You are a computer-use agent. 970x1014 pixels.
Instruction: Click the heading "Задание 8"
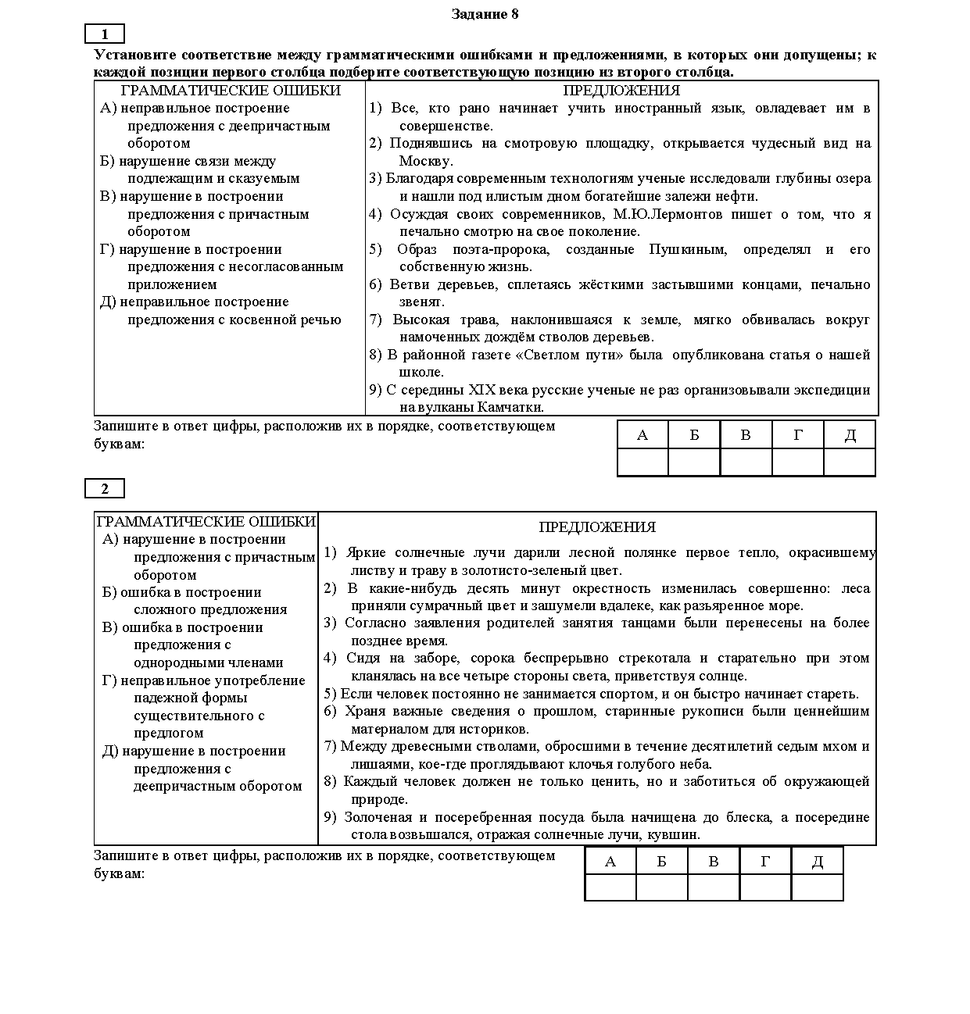(485, 14)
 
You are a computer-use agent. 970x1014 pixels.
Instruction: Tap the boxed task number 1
(105, 34)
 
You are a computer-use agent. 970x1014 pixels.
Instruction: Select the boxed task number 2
(105, 489)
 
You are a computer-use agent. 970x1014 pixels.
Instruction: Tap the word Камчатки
(510, 407)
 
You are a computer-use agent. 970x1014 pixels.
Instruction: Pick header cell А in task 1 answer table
(642, 435)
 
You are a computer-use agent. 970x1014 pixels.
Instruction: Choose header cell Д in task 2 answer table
(817, 862)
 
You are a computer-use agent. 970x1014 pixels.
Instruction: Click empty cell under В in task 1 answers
(746, 462)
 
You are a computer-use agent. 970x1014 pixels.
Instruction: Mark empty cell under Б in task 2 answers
(661, 887)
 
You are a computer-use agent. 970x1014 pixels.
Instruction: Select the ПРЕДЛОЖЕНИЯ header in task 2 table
(597, 527)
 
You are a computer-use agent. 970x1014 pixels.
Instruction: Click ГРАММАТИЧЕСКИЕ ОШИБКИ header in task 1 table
(231, 91)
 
